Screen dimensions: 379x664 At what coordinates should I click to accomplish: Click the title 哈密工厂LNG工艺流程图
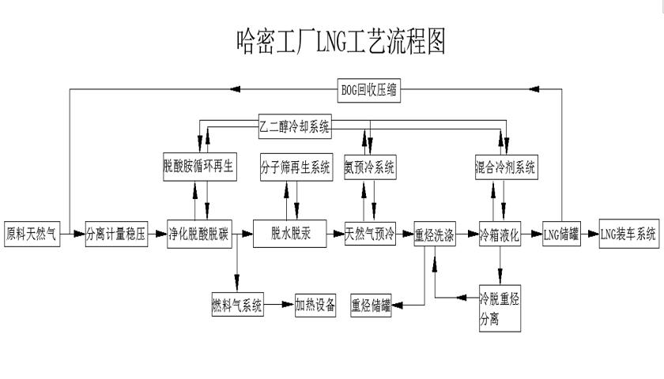[x=341, y=41]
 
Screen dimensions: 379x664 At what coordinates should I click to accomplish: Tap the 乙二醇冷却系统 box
[x=296, y=125]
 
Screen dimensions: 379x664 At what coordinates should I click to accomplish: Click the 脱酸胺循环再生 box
[x=199, y=167]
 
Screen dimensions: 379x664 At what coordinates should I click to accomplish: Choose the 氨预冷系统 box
[x=370, y=167]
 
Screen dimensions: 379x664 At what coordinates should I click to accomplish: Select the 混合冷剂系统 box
[x=506, y=167]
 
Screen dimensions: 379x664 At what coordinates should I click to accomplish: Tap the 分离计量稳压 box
[x=116, y=233]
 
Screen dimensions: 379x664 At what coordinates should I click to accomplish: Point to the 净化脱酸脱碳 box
[x=198, y=233]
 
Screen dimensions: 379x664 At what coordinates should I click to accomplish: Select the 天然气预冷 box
[x=370, y=233]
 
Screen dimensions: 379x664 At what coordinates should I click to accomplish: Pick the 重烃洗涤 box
[x=434, y=235]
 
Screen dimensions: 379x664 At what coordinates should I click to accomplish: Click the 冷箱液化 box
[x=500, y=234]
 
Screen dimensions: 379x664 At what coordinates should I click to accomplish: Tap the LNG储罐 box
[x=561, y=234]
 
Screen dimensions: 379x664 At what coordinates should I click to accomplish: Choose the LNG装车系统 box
[x=628, y=233]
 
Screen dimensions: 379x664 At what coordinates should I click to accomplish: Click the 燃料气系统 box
[x=237, y=304]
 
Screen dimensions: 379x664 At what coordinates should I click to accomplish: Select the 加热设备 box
[x=315, y=304]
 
